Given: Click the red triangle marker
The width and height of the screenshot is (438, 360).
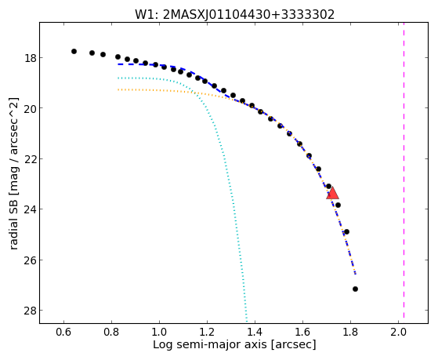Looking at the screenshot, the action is click(x=332, y=193).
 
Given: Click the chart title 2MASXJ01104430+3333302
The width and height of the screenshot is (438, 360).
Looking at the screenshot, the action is click(x=248, y=15).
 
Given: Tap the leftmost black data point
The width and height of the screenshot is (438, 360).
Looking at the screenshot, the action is click(x=74, y=52).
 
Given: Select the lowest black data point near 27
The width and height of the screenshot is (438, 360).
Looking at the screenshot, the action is click(x=355, y=289).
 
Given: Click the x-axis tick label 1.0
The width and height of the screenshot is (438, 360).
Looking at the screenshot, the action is click(x=159, y=333).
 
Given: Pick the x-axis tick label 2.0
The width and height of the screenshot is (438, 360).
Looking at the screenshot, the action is click(x=398, y=333).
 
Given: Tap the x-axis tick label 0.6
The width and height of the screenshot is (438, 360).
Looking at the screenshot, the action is click(x=63, y=333).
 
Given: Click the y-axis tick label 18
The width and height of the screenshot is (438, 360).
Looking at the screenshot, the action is click(x=31, y=58).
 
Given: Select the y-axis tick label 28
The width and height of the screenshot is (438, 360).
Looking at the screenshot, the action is click(x=31, y=311).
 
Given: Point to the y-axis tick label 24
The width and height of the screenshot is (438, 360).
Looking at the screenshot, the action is click(x=31, y=209).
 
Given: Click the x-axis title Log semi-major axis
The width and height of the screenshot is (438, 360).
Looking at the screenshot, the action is click(x=210, y=345).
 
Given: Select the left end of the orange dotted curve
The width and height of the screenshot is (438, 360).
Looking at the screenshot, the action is click(x=118, y=89).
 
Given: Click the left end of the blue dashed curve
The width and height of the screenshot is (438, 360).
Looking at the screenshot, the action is click(x=118, y=64).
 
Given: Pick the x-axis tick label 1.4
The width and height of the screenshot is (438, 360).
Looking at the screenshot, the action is click(x=255, y=333).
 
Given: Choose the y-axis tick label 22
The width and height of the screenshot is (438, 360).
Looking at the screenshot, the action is click(x=31, y=159).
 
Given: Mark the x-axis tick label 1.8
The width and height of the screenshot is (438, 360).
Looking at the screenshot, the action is click(x=350, y=333).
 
